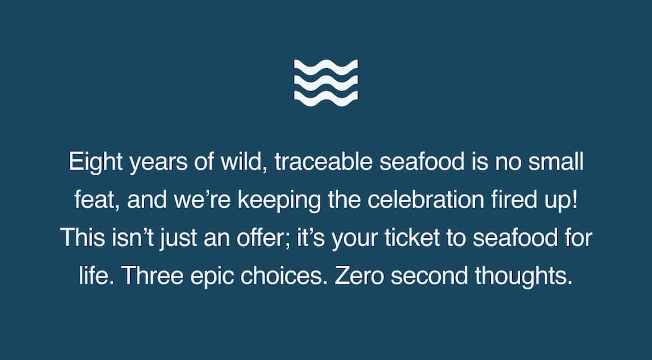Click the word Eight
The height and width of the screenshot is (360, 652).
[95, 162]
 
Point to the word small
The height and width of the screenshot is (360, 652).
[556, 162]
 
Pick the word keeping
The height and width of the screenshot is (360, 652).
[279, 201]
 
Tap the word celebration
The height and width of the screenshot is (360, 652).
[425, 200]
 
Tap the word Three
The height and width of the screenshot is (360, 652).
[152, 276]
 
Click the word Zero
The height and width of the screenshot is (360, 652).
[359, 276]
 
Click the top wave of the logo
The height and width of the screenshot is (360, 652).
[326, 67]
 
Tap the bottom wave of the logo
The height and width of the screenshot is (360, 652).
[326, 99]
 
